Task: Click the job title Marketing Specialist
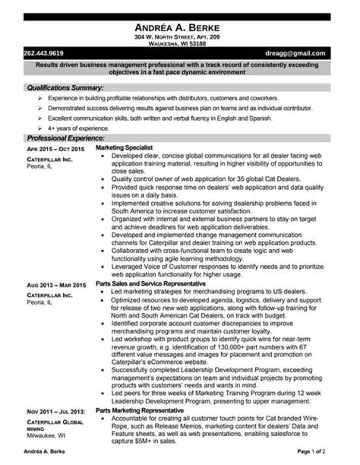[129, 147]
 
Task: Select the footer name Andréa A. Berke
[44, 453]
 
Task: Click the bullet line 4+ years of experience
[79, 129]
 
